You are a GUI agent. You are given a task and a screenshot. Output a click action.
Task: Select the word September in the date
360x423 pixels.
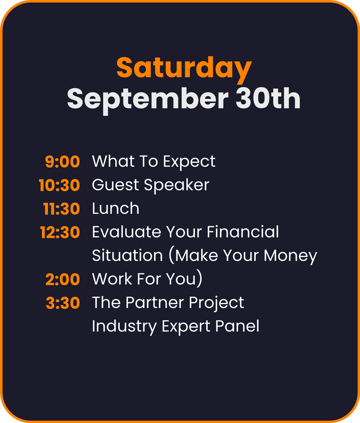[x=148, y=99]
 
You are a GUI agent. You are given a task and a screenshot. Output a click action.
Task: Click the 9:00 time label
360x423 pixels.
[x=63, y=162]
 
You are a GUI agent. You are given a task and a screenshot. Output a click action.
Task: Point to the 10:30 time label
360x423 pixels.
[x=59, y=185]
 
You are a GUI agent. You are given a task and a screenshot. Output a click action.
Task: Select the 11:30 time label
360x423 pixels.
[x=62, y=209]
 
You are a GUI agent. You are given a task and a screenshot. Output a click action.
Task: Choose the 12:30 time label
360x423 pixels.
[x=60, y=232]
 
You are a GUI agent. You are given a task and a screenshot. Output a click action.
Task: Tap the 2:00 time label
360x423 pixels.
[x=63, y=280]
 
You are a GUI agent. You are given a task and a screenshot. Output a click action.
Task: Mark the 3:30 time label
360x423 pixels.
[x=63, y=303]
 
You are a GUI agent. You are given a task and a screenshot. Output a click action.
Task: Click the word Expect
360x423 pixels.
[x=189, y=162]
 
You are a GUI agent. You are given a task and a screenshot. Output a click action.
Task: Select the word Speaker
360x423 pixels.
[x=176, y=186]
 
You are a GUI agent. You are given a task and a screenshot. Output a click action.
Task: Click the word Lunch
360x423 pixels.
[x=116, y=209]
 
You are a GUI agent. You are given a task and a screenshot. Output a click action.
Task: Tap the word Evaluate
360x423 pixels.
[x=126, y=232]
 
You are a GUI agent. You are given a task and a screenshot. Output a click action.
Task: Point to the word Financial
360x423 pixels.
[x=243, y=232]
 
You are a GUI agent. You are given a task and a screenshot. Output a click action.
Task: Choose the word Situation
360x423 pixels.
[x=127, y=255]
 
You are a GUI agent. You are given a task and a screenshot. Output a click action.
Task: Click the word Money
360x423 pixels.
[x=290, y=256]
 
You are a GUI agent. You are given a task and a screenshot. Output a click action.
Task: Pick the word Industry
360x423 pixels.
[x=124, y=327]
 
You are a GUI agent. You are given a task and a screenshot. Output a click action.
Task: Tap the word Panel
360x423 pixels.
[x=237, y=326]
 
